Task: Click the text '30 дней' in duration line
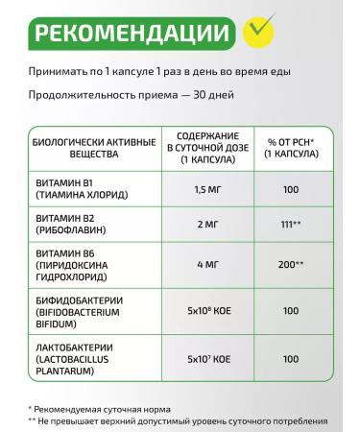pos(208,95)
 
